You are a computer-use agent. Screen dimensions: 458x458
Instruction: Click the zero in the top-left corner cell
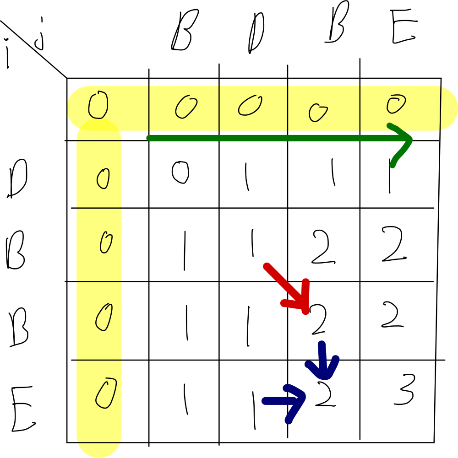98,105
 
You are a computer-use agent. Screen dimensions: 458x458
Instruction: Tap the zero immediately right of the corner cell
186,107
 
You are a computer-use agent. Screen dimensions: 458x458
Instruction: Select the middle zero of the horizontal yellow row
250,105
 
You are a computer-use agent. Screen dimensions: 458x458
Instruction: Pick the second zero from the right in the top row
317,112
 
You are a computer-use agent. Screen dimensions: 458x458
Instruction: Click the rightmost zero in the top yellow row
396,104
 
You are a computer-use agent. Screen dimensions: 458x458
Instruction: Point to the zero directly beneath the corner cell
103,178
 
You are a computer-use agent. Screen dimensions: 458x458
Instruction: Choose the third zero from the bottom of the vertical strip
106,242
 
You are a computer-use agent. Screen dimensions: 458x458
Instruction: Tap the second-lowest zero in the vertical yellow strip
104,317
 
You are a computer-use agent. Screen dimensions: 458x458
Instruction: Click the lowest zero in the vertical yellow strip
106,393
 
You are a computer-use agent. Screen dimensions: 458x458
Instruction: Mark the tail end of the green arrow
149,138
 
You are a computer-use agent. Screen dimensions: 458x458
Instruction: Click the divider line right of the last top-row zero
441,108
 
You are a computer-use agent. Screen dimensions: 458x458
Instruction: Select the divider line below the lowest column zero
99,442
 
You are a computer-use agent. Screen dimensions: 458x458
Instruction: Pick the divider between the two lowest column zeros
99,360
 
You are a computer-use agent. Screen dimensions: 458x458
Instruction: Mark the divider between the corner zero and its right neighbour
149,108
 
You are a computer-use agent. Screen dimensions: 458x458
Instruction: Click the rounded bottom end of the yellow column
99,451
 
